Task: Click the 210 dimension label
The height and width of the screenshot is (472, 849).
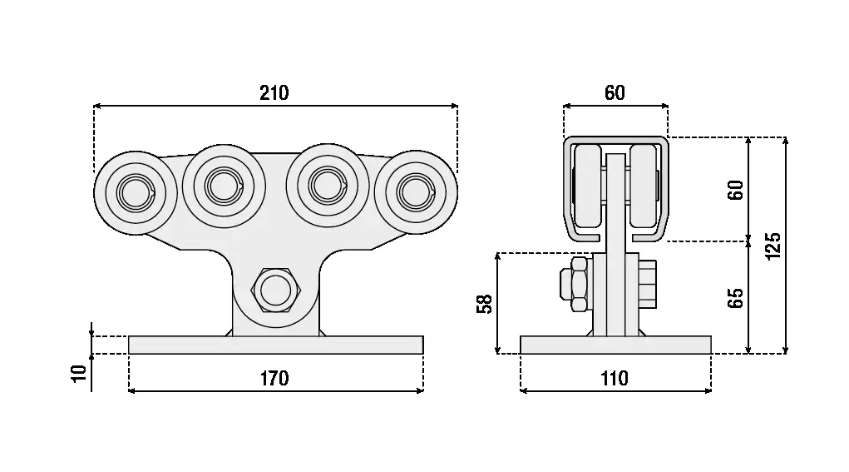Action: point(274,92)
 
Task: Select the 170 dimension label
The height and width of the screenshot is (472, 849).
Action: point(274,378)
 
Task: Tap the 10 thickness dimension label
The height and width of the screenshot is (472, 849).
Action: point(79,373)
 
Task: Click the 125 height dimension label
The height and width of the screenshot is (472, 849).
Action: point(773,246)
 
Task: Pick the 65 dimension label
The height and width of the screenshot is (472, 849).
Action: point(735,298)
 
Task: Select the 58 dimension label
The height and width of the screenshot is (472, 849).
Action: point(485,304)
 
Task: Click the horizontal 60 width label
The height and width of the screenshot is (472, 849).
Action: point(615,92)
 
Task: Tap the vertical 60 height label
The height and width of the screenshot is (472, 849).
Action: point(735,190)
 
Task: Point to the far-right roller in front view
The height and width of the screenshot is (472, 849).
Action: point(416,192)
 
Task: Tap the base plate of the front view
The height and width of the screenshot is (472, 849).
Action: point(276,345)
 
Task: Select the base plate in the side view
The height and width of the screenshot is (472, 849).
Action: point(615,345)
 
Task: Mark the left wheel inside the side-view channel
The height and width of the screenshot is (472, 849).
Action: point(588,187)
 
